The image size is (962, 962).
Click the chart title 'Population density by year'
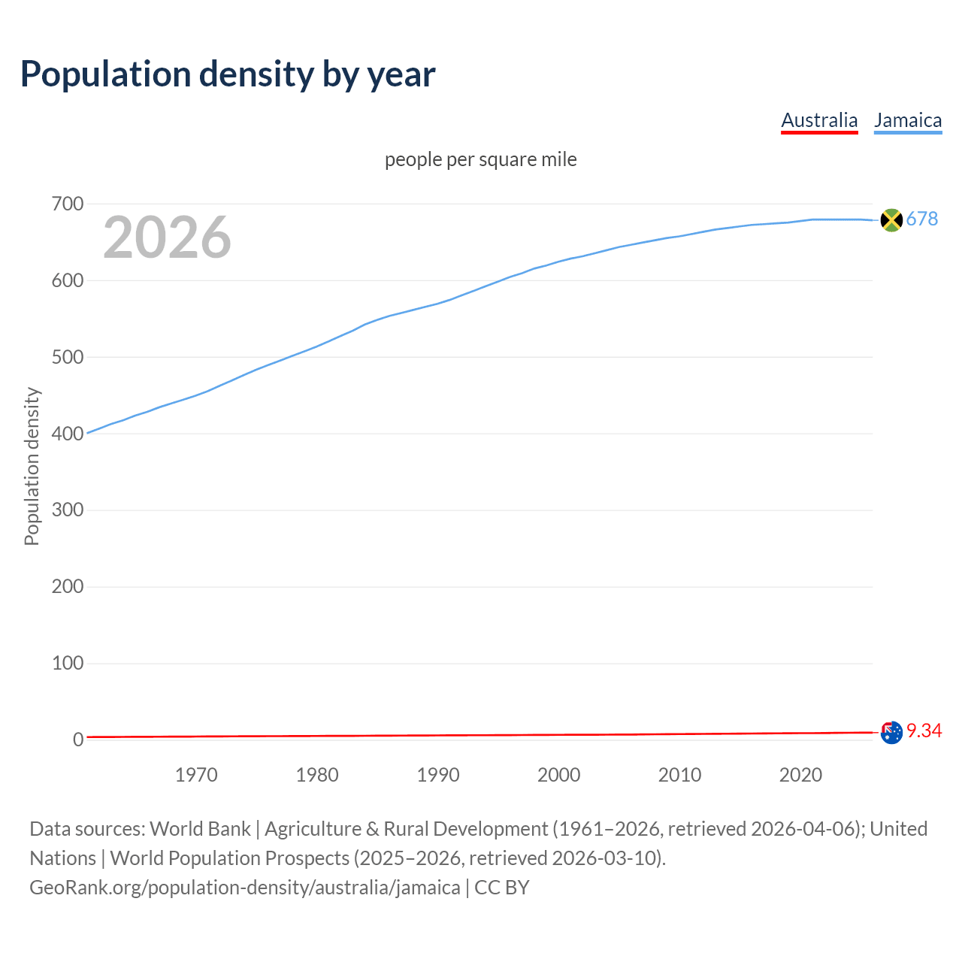pos(228,74)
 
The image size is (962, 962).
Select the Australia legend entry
pos(819,120)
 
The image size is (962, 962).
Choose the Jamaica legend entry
pos(908,120)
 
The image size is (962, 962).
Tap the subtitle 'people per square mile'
pos(480,159)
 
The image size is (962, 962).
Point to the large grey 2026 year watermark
pos(167,237)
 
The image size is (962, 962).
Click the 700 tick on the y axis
pos(68,204)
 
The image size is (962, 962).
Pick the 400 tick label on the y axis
pos(68,434)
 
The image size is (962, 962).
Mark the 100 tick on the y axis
pos(68,663)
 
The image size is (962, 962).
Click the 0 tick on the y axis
pos(78,740)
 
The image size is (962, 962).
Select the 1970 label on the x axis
pos(196,775)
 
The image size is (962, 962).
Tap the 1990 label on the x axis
pos(438,775)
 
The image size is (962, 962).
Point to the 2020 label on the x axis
pos(800,775)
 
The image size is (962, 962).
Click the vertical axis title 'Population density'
pos(32,466)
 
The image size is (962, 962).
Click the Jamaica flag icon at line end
pos(891,219)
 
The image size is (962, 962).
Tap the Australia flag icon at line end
pos(891,732)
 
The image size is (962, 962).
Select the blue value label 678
pos(922,219)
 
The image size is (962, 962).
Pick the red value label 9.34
pos(924,731)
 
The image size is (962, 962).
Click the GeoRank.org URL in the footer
pos(244,888)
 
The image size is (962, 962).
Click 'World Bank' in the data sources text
pos(200,829)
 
